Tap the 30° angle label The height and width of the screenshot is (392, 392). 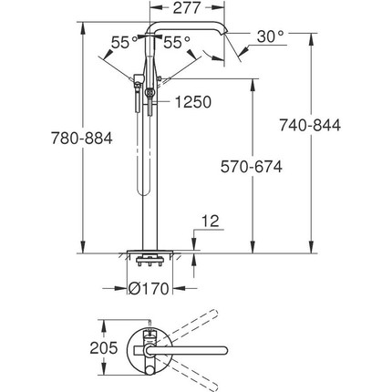pos(270,36)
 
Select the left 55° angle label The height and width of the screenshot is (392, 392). pos(120,41)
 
